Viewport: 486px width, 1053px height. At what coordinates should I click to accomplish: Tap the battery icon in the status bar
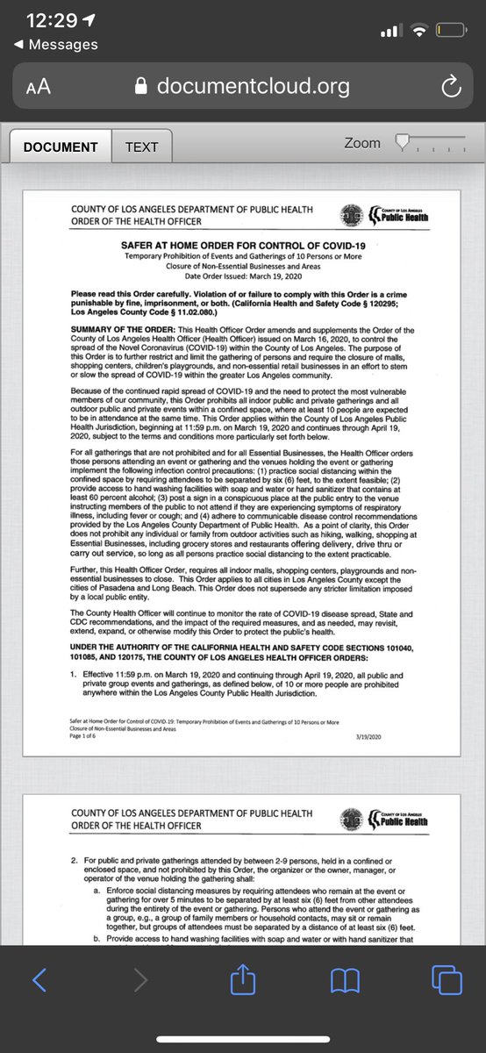coord(450,31)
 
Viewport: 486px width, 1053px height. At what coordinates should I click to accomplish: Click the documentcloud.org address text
coord(253,86)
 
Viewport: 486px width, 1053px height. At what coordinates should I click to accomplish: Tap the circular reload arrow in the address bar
coord(449,86)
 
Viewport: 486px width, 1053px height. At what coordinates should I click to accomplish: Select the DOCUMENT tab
coord(61,147)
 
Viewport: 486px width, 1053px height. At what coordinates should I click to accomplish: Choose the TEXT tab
coord(141,147)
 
